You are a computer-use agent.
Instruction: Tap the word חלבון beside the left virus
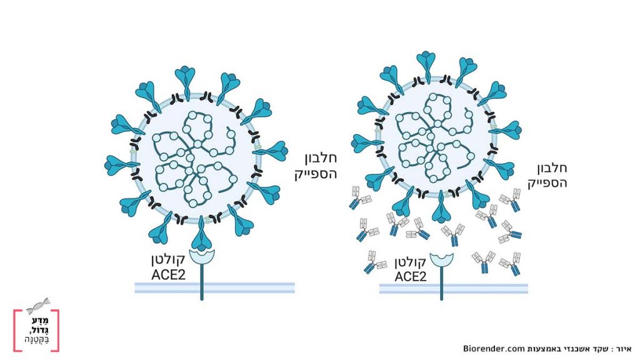[x=319, y=159]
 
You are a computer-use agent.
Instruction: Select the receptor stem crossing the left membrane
[x=202, y=287]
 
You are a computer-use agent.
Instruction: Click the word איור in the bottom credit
[x=624, y=348]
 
